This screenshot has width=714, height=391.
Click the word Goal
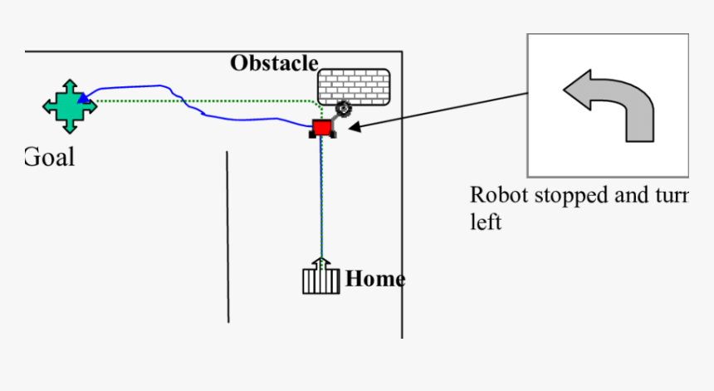point(50,157)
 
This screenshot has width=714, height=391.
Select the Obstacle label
point(274,63)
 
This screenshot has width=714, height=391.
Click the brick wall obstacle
point(353,86)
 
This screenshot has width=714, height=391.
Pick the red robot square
point(321,128)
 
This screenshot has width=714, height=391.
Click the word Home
point(374,279)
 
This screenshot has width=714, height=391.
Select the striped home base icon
point(320,280)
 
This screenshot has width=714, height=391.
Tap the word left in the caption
point(486,222)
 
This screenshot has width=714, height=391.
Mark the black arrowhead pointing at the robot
point(353,127)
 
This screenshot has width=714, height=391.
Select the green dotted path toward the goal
point(208,101)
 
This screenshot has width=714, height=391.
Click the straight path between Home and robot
point(321,199)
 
